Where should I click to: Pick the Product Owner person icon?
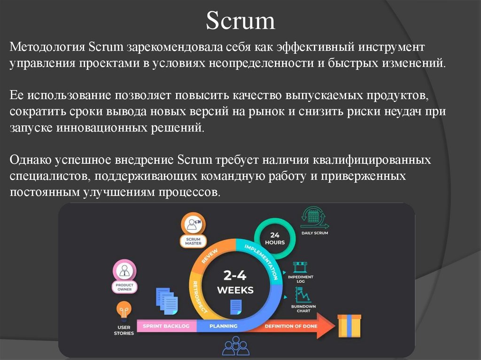pos(124,271)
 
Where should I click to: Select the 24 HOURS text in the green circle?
pos(275,238)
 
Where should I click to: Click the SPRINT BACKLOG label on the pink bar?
pos(166,326)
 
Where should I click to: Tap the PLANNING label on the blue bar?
pos(224,326)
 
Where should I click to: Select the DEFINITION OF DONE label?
pos(291,326)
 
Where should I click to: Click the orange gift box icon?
pos(349,326)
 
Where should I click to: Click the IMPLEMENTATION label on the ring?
pos(263,258)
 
